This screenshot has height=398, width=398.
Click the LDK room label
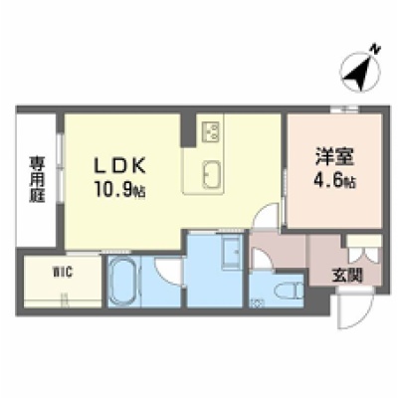coord(120,165)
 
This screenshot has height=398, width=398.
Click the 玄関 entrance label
coord(347,275)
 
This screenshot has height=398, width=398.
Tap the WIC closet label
coord(63,274)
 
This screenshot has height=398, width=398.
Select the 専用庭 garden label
coord(37,179)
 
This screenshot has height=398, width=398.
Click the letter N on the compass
coord(375,50)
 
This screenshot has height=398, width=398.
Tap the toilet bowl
coord(289,291)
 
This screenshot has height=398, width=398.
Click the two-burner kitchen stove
coord(211,131)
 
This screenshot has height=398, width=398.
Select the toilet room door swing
coord(262,259)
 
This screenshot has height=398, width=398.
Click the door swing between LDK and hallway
coord(265,216)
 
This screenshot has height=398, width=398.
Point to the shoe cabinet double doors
coord(363,255)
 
